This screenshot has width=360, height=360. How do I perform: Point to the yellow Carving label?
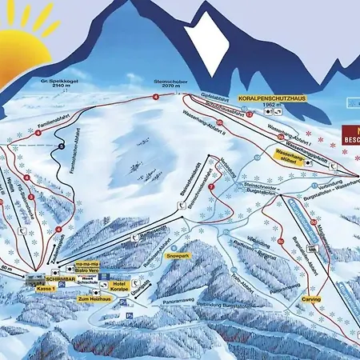click(310, 299)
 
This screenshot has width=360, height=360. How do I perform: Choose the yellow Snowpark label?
click(178, 256)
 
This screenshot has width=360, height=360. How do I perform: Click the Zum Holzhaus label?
click(93, 298)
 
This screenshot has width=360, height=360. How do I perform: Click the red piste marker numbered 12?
click(250, 114)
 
